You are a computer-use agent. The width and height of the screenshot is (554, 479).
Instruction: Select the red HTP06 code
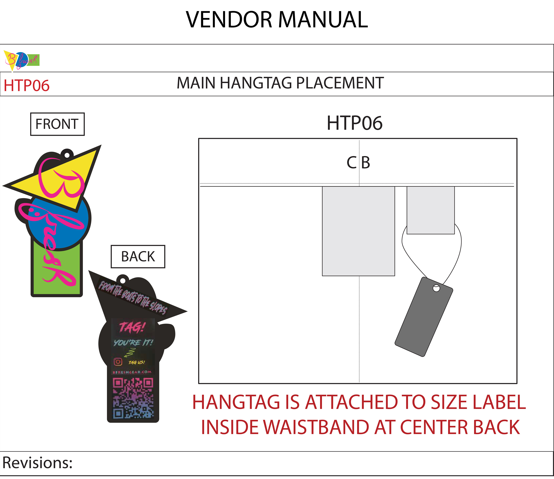(26, 86)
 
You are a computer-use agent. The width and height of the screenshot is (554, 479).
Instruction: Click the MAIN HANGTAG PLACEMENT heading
(280, 83)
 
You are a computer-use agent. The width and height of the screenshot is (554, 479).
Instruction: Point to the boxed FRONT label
(57, 124)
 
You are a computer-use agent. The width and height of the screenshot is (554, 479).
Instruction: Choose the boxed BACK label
(138, 256)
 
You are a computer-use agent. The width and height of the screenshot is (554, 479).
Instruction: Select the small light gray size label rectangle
(431, 210)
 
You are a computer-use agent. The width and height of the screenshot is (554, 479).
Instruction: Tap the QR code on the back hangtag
(133, 398)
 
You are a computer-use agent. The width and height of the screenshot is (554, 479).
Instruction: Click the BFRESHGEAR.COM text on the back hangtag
(132, 372)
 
